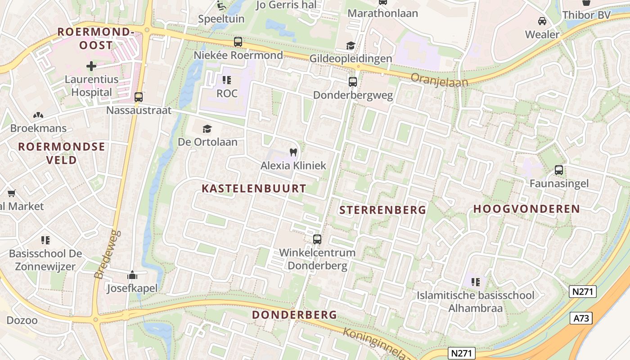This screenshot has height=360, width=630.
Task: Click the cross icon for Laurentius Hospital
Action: pos(91,66)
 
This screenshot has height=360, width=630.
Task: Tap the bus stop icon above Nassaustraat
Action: pos(139,97)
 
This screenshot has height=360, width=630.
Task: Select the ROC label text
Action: pos(227,94)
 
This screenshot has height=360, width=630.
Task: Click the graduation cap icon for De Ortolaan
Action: pos(207,129)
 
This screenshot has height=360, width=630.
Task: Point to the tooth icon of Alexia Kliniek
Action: pos(293,153)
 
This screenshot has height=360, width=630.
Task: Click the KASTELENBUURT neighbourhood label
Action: pos(254,189)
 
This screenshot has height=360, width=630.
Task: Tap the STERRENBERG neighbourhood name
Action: pos(382,210)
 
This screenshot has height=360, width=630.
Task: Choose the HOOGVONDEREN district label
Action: pos(526,209)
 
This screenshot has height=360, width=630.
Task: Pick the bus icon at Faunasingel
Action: pos(559,170)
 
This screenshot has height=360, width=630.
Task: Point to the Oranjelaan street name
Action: pos(439,80)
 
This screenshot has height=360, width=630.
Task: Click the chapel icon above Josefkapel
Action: pos(132,274)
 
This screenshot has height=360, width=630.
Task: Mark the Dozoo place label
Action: pos(22,320)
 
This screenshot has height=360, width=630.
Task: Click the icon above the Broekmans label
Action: pos(38,115)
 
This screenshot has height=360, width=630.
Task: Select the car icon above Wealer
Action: pos(542,21)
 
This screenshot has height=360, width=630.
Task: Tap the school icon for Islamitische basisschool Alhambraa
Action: pos(475,282)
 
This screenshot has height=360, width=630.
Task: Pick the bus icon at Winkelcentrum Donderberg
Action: pos(317,239)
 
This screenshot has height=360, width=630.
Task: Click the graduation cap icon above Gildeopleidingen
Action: pos(351,45)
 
